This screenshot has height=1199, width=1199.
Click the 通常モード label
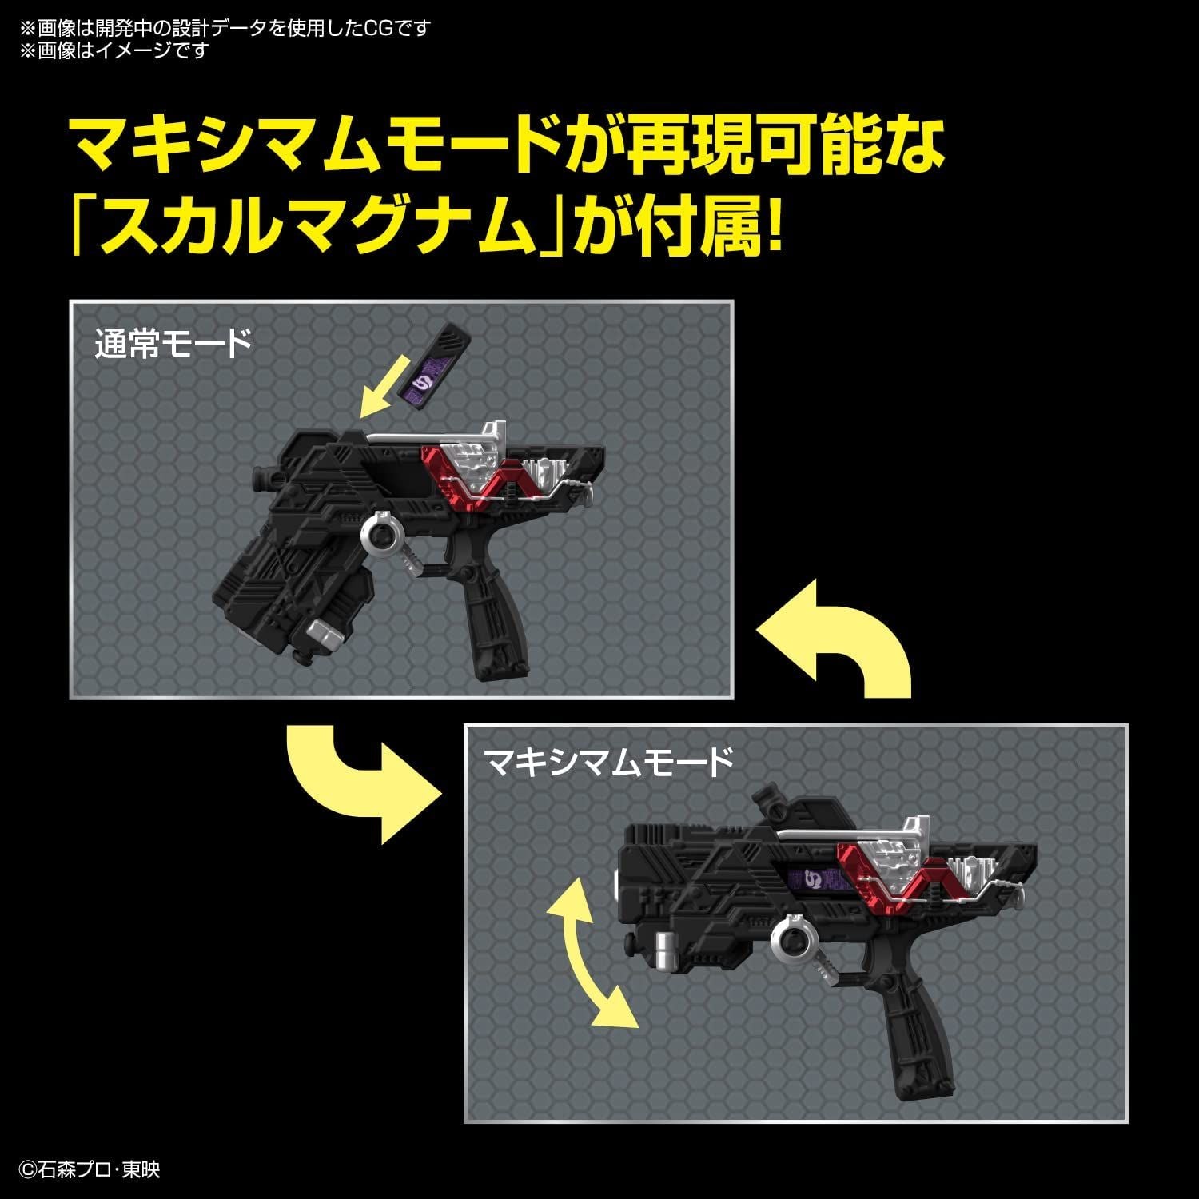pos(173,345)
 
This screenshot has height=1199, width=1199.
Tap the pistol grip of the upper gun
pos(492,619)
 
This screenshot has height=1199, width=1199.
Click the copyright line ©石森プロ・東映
pos(90,1170)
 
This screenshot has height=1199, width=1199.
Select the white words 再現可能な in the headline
pos(783,144)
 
